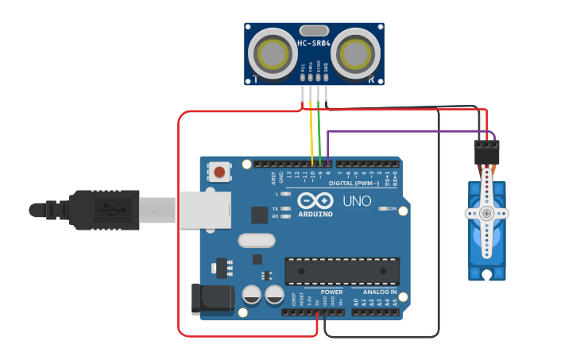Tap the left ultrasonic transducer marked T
273,54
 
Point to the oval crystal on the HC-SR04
315,31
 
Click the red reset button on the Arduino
219,171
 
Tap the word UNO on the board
357,201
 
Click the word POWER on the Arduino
332,292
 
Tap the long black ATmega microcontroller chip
342,270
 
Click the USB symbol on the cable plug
106,211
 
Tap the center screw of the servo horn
485,213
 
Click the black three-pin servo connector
487,152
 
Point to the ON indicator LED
384,208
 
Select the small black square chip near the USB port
260,215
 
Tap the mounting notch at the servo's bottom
486,274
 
